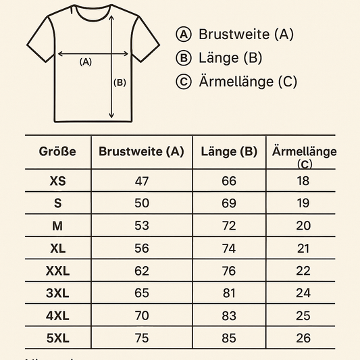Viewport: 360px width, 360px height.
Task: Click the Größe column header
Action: [57, 152]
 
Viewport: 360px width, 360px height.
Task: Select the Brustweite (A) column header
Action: [141, 152]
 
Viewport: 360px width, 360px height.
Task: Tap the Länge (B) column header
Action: [229, 152]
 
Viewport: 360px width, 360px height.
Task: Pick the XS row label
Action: [58, 181]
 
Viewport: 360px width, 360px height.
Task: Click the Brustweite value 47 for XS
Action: [142, 181]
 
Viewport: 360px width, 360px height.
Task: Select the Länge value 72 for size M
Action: [229, 226]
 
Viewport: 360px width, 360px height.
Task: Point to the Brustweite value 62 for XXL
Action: [142, 272]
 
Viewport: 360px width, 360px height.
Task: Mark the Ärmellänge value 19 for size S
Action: [303, 203]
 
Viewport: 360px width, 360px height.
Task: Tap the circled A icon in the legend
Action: [182, 34]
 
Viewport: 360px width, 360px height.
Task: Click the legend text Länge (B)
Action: [230, 58]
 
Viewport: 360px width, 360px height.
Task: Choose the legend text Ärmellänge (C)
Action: [248, 82]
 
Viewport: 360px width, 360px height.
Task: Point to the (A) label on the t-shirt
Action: [85, 61]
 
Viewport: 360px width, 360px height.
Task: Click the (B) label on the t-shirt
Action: [120, 83]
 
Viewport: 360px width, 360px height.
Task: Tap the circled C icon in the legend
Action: [182, 82]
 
